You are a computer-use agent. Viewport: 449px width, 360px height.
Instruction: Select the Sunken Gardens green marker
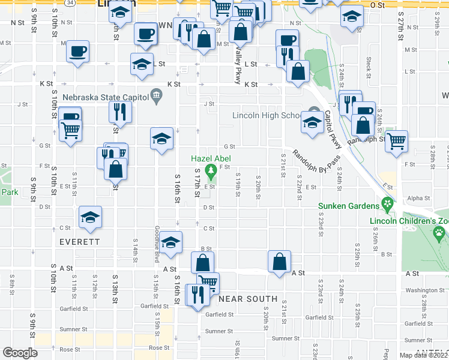click(388, 206)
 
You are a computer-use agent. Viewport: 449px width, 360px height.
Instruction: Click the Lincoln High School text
click(267, 116)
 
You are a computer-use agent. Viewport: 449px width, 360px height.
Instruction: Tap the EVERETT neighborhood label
click(79, 242)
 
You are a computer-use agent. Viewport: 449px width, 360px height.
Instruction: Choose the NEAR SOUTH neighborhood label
click(248, 298)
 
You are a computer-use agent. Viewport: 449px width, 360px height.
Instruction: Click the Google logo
click(20, 353)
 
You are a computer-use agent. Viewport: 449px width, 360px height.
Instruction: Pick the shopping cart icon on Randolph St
click(396, 142)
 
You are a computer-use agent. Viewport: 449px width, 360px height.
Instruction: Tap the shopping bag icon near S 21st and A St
click(279, 262)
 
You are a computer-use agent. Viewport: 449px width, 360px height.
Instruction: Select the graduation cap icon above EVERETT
click(90, 217)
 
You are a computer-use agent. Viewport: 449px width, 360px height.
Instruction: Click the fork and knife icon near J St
click(119, 112)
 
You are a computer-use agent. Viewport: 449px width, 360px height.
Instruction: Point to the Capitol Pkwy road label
click(333, 130)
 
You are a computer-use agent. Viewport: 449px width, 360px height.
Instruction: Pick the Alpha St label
click(415, 197)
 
